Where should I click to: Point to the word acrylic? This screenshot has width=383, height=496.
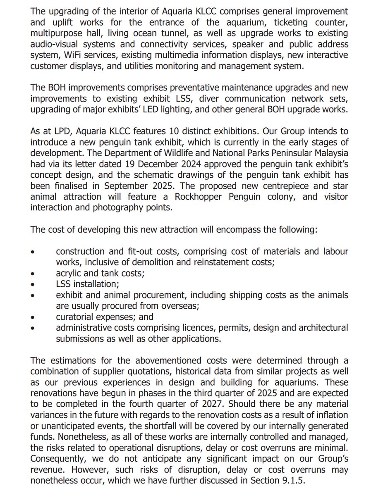(x=69, y=273)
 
